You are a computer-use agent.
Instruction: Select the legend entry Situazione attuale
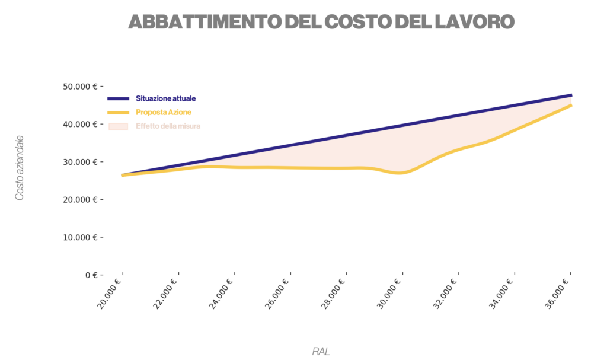pos(165,98)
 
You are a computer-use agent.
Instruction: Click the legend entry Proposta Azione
pos(163,112)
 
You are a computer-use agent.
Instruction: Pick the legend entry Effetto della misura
pos(168,126)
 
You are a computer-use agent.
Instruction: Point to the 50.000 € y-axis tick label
pos(79,86)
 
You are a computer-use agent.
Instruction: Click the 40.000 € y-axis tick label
pos(79,124)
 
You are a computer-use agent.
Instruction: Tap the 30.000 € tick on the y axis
pos(79,162)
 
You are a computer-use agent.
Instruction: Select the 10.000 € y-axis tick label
pos(79,237)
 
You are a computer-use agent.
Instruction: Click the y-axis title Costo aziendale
pos(20,168)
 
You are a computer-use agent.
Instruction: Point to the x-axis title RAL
pos(321,351)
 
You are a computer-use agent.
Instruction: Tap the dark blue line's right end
pos(570,95)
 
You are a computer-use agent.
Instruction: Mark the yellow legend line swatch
pos(118,112)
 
